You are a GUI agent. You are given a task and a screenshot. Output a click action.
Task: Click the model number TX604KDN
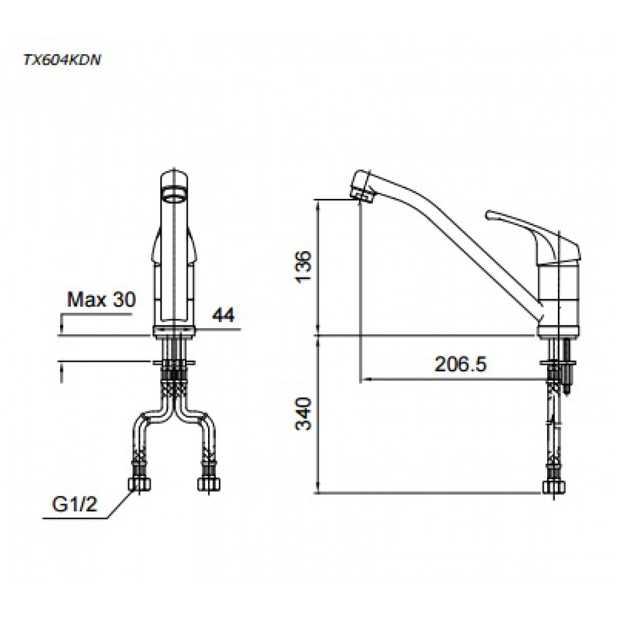62,60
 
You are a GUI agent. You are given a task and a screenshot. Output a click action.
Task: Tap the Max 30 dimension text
101,299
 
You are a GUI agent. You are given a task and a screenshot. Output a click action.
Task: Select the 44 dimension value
223,315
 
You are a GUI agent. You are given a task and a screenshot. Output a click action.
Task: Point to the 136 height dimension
304,266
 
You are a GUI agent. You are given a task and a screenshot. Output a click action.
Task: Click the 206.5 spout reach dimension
461,364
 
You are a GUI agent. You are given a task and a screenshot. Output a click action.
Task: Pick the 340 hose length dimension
304,414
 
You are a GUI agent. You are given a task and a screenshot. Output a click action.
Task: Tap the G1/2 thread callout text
74,504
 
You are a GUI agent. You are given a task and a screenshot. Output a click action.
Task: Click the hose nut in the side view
554,487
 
